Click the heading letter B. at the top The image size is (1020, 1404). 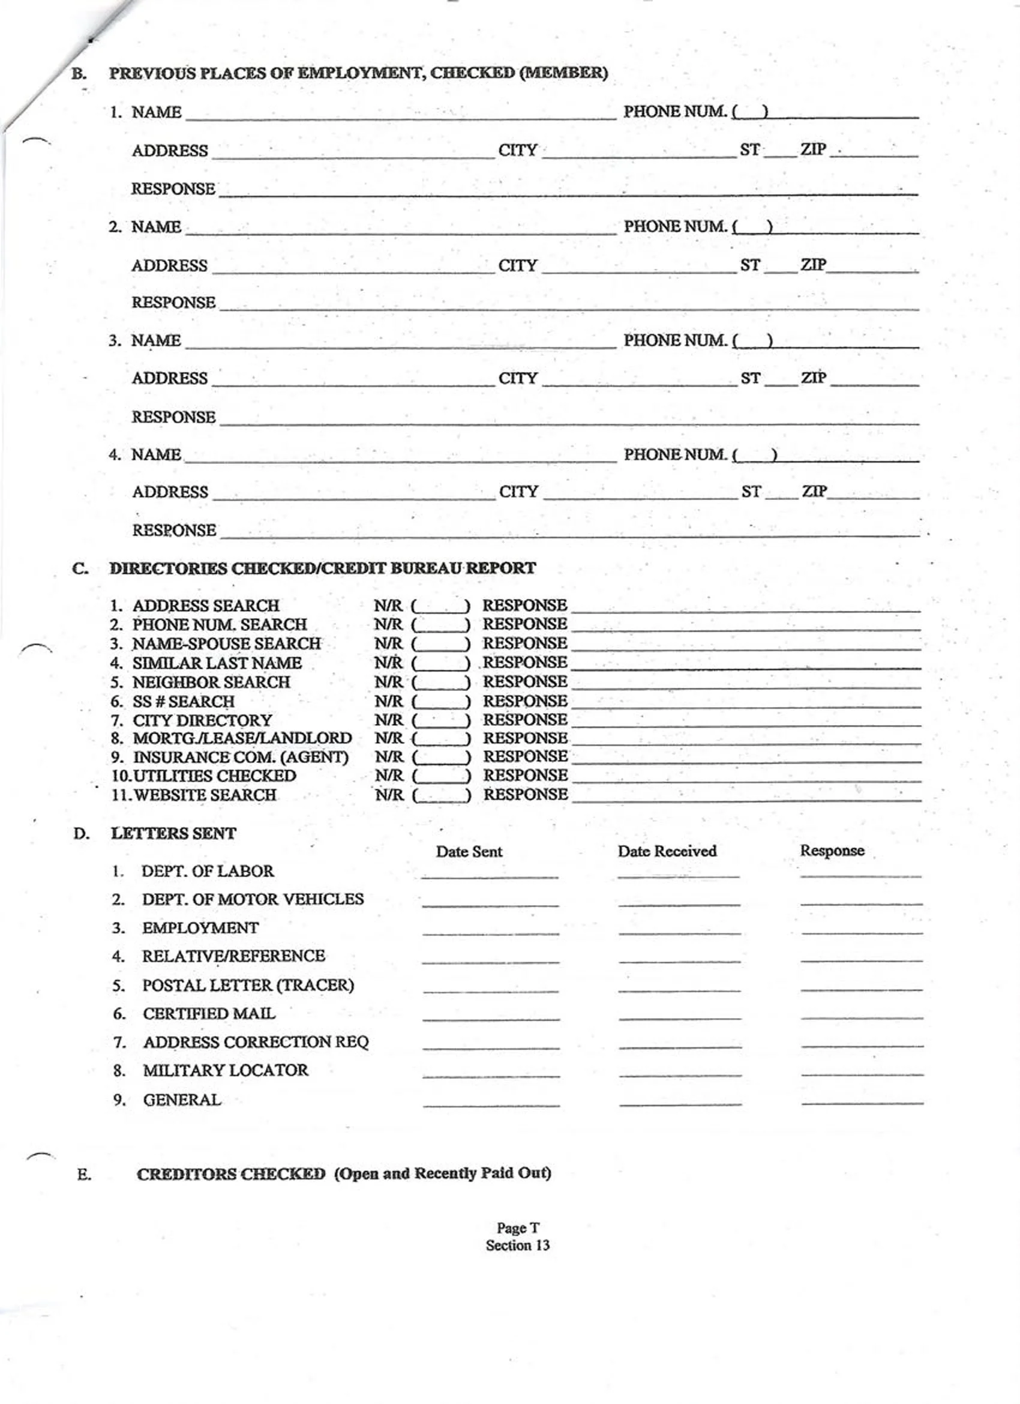[79, 74]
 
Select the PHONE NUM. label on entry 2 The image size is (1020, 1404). [674, 226]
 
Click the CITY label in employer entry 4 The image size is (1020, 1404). [518, 492]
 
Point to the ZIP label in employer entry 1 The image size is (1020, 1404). [813, 150]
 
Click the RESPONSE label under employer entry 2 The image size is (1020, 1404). [173, 303]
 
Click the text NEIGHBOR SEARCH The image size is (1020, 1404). [211, 682]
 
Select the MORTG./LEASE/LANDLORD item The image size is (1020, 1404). [242, 738]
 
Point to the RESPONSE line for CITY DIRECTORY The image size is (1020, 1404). [746, 721]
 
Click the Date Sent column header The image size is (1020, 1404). [469, 852]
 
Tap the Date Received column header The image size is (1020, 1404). [667, 851]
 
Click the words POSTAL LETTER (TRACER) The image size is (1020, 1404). [248, 986]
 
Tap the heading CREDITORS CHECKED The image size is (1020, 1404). [231, 1174]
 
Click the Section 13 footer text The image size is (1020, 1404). [517, 1246]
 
